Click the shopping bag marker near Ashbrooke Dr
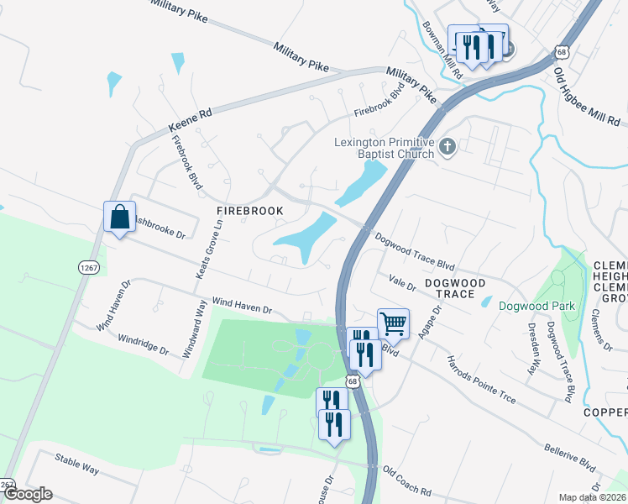click(x=119, y=217)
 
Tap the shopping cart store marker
click(x=392, y=322)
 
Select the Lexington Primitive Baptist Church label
click(x=384, y=148)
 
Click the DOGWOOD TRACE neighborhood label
click(x=455, y=289)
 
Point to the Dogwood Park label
click(x=536, y=306)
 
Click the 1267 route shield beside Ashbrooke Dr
click(x=89, y=266)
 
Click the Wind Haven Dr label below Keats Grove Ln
click(x=242, y=304)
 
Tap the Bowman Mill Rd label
click(x=443, y=50)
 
